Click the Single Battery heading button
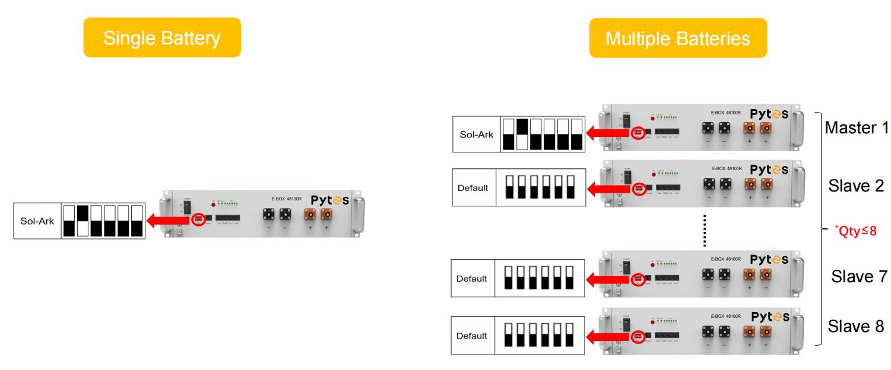(162, 38)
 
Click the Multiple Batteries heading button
(677, 39)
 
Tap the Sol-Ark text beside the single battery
(37, 222)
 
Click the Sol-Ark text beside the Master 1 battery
(477, 135)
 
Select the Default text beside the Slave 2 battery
(473, 188)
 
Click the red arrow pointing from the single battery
(169, 221)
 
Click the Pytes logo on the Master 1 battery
(770, 113)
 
